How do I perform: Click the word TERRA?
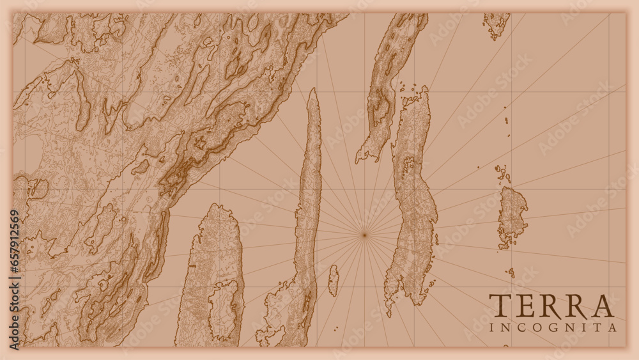point(551,306)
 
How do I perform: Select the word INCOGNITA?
point(553,327)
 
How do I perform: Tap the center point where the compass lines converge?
point(364,235)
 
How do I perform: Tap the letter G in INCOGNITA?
point(555,327)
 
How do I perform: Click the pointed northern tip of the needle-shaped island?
point(312,91)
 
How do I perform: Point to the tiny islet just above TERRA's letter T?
point(511,272)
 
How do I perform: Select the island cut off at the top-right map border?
point(497,24)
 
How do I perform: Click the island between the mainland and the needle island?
point(212,275)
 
